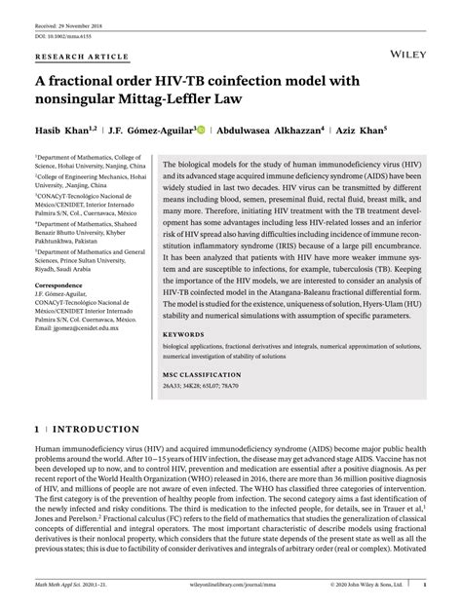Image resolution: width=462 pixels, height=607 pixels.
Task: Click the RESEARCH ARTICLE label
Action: click(x=75, y=57)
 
